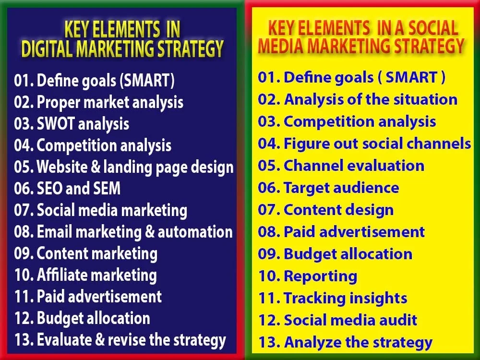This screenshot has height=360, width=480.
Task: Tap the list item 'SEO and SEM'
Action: click(x=79, y=189)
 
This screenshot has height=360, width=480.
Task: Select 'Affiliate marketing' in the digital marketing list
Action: click(x=96, y=275)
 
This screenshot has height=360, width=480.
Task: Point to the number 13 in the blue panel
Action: click(x=23, y=340)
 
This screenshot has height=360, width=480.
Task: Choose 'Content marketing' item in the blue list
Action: click(x=97, y=253)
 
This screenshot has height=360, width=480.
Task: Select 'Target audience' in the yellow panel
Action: click(x=341, y=188)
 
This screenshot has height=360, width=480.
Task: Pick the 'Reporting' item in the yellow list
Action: click(x=320, y=276)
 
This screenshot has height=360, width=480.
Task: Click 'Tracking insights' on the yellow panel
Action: click(x=345, y=298)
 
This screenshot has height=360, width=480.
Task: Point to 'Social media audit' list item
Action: click(x=350, y=320)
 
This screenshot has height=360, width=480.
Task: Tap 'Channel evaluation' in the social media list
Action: click(x=354, y=166)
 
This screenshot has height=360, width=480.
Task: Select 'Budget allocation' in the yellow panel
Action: click(x=348, y=254)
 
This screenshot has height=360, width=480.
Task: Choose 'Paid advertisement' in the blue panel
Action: click(x=99, y=297)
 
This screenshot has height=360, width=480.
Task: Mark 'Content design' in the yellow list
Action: click(x=338, y=210)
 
